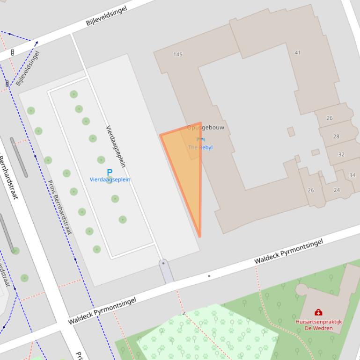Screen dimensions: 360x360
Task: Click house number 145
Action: tap(178, 54)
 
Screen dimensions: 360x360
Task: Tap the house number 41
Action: tap(297, 52)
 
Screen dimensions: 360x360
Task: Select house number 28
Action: tap(336, 137)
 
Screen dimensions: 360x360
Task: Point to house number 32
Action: tap(341, 154)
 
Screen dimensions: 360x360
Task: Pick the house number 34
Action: tap(352, 175)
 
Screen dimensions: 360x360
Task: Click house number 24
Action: tap(337, 190)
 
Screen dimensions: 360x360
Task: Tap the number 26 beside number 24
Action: tap(311, 190)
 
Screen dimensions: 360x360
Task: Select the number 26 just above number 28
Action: tap(330, 118)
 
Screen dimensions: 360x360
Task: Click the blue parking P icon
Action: tap(110, 173)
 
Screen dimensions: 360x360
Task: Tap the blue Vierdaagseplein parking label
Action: tap(110, 180)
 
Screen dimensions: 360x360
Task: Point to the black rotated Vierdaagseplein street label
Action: tap(116, 146)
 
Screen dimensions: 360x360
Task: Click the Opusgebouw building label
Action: tap(206, 127)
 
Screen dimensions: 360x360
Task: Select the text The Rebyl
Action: tap(200, 147)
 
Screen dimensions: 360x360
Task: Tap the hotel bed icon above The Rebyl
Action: tap(200, 139)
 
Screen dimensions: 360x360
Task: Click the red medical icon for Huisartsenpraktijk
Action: tap(318, 312)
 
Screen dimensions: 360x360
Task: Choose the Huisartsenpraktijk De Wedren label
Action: tap(318, 325)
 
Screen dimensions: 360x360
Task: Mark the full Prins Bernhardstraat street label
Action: tap(59, 207)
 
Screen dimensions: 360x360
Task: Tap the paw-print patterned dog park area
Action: tap(206, 332)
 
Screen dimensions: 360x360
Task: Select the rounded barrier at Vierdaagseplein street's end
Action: tap(166, 271)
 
